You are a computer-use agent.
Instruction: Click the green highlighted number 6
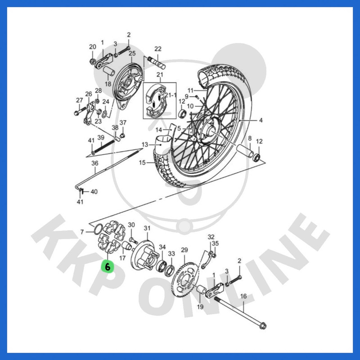(108, 266)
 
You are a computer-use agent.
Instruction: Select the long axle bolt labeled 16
(240, 312)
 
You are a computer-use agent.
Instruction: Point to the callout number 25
(132, 53)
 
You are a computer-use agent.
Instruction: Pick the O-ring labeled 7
(98, 229)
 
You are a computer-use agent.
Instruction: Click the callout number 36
(95, 163)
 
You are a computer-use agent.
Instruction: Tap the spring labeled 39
(105, 147)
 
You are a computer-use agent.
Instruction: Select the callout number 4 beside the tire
(261, 120)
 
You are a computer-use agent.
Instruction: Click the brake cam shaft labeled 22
(157, 63)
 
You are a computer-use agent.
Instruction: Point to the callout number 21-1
(171, 95)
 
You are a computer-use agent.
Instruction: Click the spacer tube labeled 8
(245, 151)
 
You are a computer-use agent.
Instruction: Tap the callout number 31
(147, 228)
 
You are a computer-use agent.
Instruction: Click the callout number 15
(142, 162)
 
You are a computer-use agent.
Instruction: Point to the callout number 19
(200, 307)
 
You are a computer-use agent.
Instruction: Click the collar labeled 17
(126, 246)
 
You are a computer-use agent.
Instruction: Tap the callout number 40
(94, 192)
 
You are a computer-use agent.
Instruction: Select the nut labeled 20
(93, 62)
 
